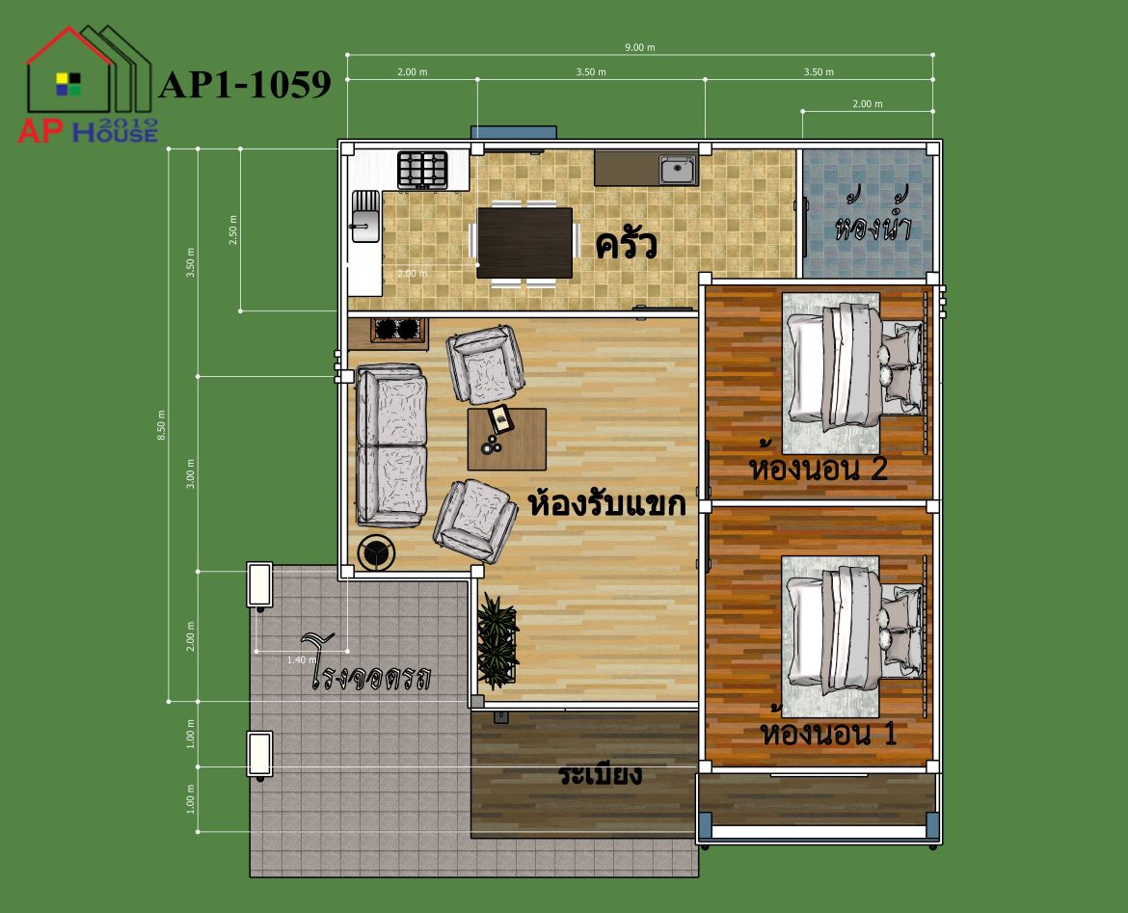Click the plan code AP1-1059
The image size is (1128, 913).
[245, 84]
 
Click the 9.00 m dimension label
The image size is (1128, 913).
[639, 47]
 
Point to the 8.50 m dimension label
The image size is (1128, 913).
[161, 425]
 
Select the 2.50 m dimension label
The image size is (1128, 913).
[232, 230]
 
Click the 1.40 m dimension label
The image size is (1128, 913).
[302, 659]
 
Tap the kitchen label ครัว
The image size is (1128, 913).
[626, 245]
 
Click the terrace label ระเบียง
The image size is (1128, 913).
[600, 774]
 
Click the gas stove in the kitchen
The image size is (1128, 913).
[423, 171]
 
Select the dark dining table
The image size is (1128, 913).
[525, 242]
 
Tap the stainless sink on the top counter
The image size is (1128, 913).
[678, 171]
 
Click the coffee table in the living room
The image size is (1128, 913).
[506, 439]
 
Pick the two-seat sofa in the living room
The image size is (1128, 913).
[391, 444]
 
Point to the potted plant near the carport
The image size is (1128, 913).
[497, 640]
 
